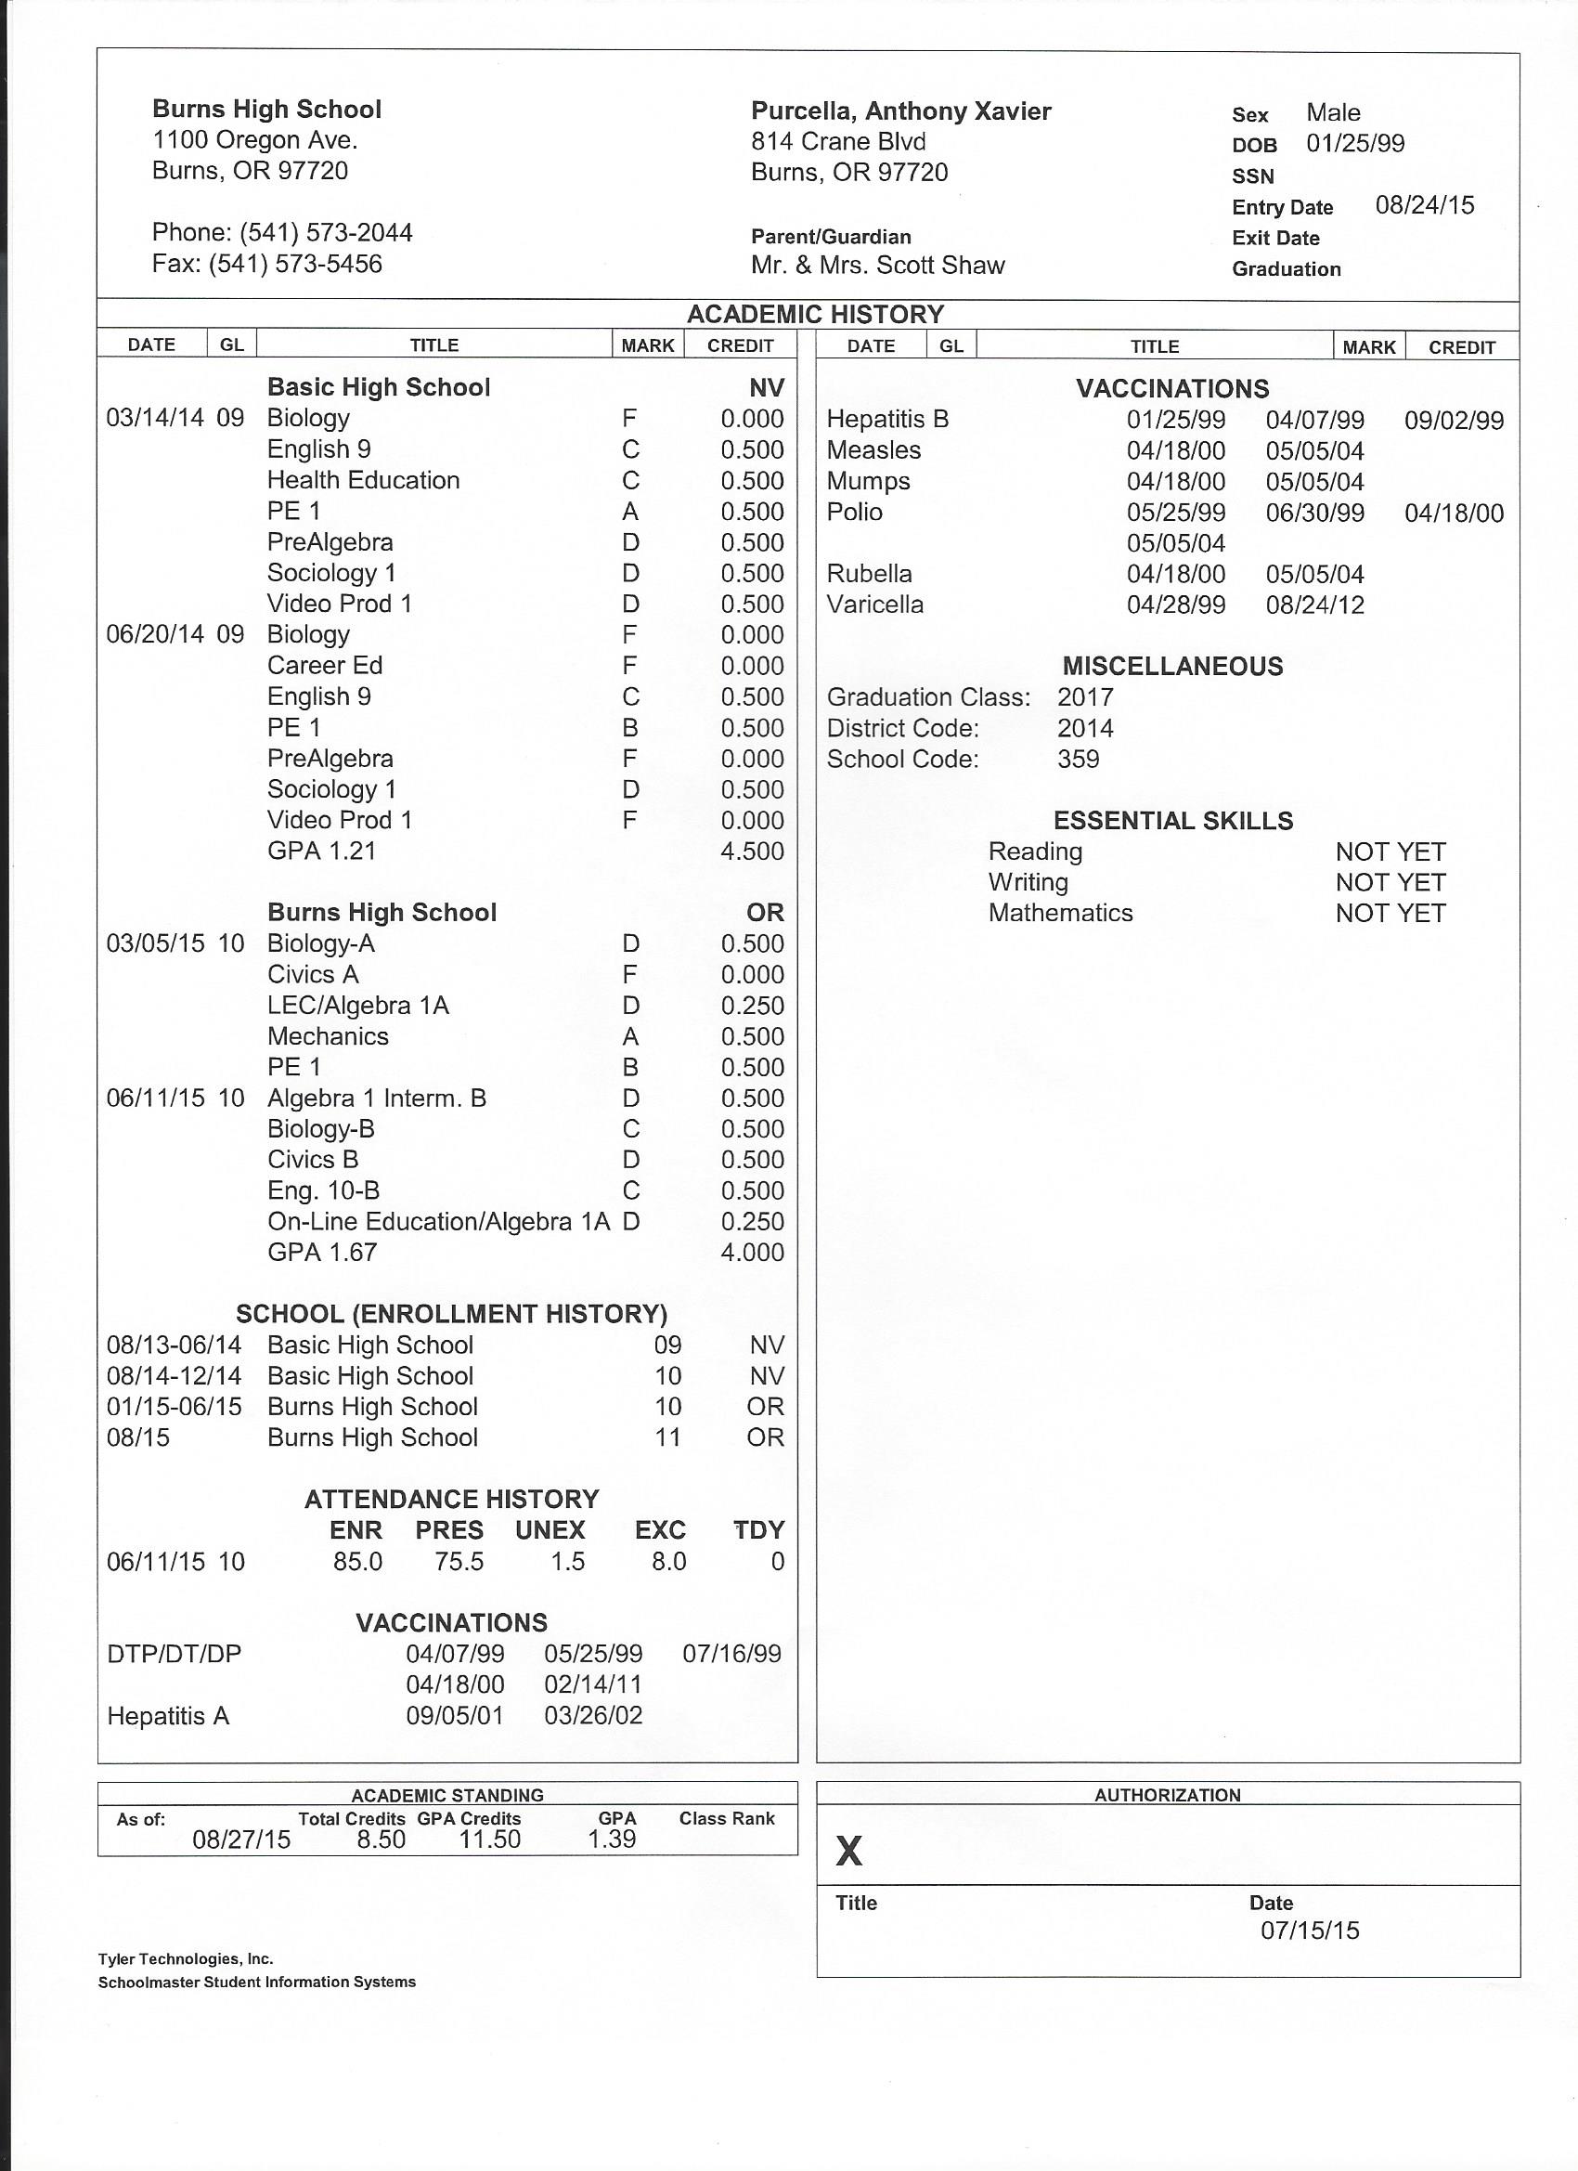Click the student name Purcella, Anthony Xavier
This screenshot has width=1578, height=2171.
900,111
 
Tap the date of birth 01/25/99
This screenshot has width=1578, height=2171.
1355,144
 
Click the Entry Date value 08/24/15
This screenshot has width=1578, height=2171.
1424,205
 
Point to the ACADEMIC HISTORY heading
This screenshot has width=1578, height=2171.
814,314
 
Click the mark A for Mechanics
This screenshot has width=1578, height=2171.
629,1035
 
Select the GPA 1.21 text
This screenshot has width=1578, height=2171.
321,850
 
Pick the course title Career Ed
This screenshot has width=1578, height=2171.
324,665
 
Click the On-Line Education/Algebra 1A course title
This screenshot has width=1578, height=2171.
438,1221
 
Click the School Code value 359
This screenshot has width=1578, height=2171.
1078,759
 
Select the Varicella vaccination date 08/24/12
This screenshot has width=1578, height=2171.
1314,605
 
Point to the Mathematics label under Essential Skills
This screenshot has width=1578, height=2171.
1060,912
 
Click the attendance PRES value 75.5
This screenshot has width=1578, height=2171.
459,1561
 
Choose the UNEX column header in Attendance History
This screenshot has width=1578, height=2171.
550,1529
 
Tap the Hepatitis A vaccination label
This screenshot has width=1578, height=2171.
168,1715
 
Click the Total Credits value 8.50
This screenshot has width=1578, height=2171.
381,1839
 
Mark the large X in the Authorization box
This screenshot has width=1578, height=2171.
848,1852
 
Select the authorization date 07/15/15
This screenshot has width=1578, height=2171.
1309,1930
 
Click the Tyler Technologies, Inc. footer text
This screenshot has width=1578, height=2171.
186,1958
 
